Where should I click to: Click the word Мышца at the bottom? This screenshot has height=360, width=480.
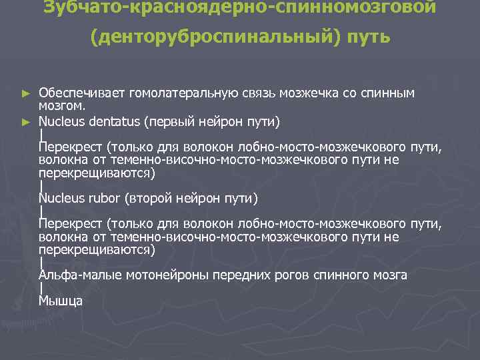click(60, 301)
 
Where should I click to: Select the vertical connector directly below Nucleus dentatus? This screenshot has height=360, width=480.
click(41, 135)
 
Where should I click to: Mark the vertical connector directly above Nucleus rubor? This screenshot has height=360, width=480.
click(41, 185)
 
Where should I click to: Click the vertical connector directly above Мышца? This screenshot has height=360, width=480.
click(41, 288)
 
